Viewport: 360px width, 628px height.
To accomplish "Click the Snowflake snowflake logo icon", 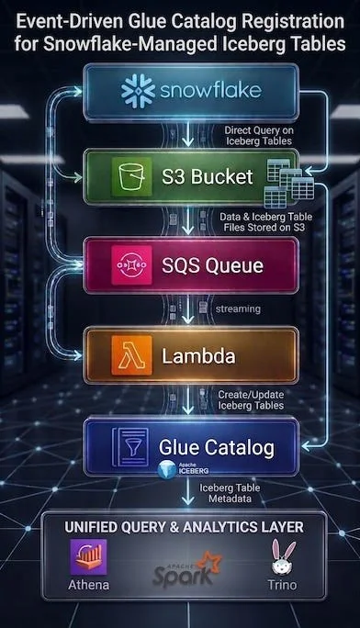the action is [138, 91].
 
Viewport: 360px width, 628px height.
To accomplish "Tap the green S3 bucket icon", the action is [131, 176].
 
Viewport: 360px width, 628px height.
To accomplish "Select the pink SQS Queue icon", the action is [131, 265].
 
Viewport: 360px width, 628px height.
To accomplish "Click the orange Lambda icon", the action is [131, 355].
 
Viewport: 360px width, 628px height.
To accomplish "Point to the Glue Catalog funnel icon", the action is [130, 447].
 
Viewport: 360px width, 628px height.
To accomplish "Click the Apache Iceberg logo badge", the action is [184, 469].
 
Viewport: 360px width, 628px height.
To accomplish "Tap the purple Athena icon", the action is [88, 557].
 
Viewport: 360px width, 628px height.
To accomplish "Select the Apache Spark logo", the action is [186, 568].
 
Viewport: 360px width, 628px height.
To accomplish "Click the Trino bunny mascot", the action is [283, 557].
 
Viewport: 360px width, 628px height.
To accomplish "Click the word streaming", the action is [238, 309].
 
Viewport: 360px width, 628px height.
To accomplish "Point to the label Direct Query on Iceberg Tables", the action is [259, 135].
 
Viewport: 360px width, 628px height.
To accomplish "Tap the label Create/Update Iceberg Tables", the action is [251, 399].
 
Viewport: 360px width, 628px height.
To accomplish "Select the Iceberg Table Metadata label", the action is [230, 493].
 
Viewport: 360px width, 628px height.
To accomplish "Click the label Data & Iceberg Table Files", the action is [266, 222].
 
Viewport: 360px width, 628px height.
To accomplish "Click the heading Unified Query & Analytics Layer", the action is [185, 527].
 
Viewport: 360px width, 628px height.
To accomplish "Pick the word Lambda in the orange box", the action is [198, 356].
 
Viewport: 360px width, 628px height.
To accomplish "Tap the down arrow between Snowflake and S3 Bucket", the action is [187, 135].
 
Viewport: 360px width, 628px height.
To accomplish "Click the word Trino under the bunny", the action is [282, 585].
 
